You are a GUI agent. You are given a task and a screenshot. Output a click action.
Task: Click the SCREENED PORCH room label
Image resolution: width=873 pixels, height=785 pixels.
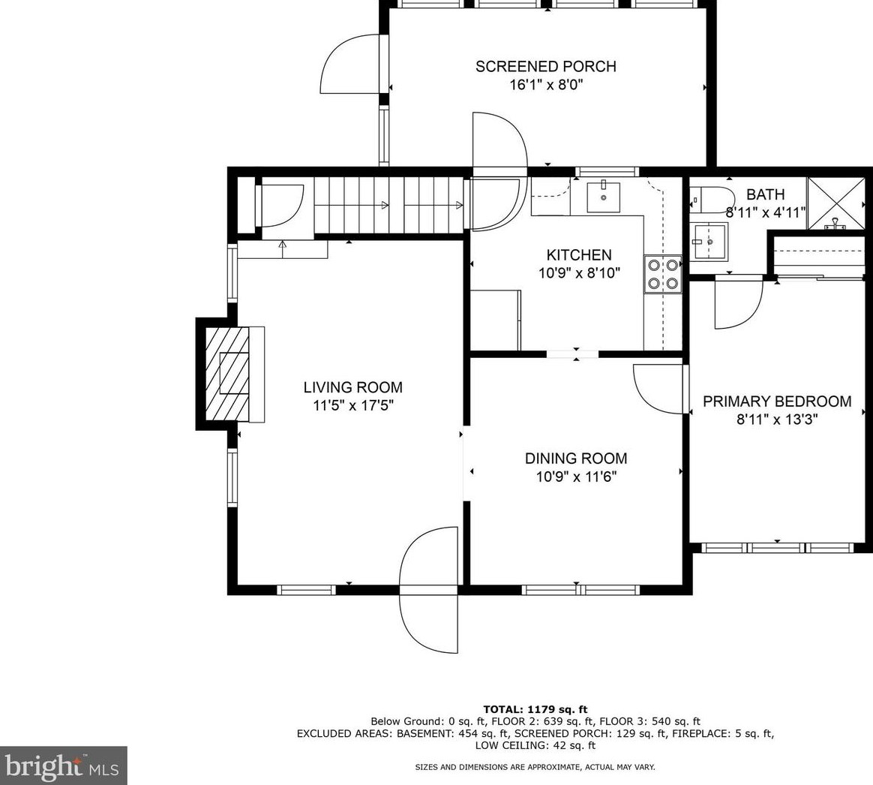click(x=545, y=66)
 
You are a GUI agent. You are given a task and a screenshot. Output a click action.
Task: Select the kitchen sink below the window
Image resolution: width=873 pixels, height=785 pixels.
click(x=603, y=197)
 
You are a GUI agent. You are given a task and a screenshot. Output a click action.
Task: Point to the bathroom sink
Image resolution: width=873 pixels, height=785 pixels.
click(x=708, y=241)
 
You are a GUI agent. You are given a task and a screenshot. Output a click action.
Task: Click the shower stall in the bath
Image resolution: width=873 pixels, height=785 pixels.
click(x=834, y=203)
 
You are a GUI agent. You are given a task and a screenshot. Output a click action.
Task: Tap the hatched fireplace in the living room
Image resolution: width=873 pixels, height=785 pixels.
click(x=228, y=374)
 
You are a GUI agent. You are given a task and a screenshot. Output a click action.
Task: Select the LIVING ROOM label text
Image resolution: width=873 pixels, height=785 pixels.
click(x=352, y=387)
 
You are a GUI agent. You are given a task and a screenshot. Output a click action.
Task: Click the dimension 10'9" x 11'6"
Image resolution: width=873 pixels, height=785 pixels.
click(x=575, y=477)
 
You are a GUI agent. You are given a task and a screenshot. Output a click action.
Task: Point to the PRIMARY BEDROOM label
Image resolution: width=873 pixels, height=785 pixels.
click(x=776, y=402)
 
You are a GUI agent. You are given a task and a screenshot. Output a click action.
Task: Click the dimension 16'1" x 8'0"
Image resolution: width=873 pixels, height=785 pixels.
click(x=545, y=85)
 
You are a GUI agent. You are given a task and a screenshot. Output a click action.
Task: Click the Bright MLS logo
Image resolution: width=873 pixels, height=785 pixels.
click(x=63, y=765)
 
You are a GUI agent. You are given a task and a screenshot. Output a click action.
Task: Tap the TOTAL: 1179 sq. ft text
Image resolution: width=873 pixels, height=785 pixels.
click(x=535, y=708)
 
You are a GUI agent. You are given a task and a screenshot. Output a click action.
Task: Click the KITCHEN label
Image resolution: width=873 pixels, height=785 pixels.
click(x=578, y=255)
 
